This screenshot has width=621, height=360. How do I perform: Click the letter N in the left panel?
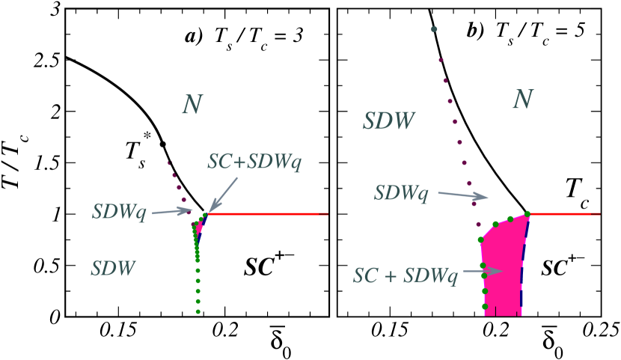coord(192,105)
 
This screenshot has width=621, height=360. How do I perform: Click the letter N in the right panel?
coord(522,100)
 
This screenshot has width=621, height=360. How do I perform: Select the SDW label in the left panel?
coord(113,268)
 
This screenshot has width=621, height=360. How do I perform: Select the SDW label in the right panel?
coord(388,121)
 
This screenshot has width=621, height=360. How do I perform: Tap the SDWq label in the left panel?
coord(120,212)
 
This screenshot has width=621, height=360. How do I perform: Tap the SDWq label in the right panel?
coord(402,193)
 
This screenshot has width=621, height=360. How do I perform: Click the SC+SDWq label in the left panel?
coord(254,162)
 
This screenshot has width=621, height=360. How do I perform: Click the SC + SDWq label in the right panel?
coord(405,275)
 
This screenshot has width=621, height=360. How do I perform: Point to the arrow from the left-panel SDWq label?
coord(171,212)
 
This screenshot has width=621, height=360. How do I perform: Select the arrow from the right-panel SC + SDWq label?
coord(483,271)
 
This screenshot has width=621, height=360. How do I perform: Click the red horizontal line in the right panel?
coord(565,214)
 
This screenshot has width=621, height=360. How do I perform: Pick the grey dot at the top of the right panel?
coord(434,29)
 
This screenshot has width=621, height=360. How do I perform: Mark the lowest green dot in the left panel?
coord(198,311)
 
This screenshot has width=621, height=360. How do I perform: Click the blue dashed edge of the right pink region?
coord(521,269)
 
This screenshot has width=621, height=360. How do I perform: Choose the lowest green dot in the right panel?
coord(485,306)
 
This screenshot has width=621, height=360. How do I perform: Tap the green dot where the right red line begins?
coord(527,214)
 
